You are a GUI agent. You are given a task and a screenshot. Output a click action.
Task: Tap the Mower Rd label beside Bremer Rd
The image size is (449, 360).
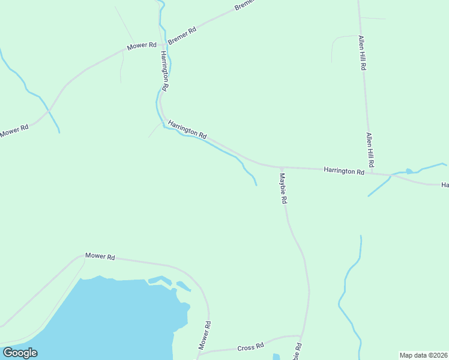point(141,46)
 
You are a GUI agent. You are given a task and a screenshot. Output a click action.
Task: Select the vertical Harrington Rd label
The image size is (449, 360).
point(164,70)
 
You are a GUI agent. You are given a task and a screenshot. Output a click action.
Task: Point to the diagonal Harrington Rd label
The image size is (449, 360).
point(187,128)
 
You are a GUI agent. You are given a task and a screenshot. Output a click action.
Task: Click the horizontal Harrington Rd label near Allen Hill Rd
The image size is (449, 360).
point(344,171)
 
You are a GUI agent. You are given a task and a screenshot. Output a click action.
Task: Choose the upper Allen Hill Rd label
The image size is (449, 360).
point(362,53)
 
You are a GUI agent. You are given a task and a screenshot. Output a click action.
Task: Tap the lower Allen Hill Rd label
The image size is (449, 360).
point(370,150)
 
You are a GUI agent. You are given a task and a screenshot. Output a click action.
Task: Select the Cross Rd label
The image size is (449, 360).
point(250,347)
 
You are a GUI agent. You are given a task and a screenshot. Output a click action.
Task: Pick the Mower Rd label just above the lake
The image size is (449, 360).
point(100,256)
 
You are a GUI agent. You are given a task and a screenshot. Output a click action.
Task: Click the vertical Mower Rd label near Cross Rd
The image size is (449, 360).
point(205,335)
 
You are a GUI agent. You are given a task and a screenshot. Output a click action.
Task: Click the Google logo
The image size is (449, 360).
point(20,353)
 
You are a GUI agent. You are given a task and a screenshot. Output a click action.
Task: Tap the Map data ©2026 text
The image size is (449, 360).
point(423,355)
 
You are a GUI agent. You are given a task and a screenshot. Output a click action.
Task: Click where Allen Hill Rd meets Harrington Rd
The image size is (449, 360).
point(371,173)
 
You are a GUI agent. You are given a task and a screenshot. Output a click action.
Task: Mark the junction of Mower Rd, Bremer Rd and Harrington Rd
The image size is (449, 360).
point(162,44)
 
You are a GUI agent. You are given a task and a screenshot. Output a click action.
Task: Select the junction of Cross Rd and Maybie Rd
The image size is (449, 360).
point(301,337)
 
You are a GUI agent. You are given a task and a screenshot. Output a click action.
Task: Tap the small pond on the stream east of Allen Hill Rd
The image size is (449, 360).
point(409,171)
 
